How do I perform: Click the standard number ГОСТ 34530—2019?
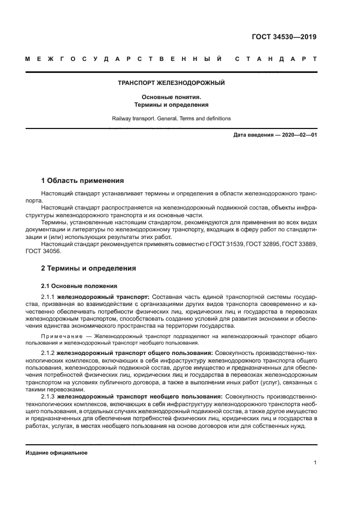pos(284,38)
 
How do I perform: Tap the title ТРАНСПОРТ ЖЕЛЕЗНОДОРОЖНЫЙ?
pos(172,83)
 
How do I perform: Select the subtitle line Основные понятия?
pos(172,97)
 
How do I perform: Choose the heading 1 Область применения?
pos(83,180)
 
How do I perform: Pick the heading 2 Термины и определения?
pos(89,268)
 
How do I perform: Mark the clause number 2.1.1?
pos(48,296)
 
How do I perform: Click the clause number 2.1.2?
pos(48,353)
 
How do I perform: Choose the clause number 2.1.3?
pos(48,396)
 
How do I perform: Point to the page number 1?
pos(315,462)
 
